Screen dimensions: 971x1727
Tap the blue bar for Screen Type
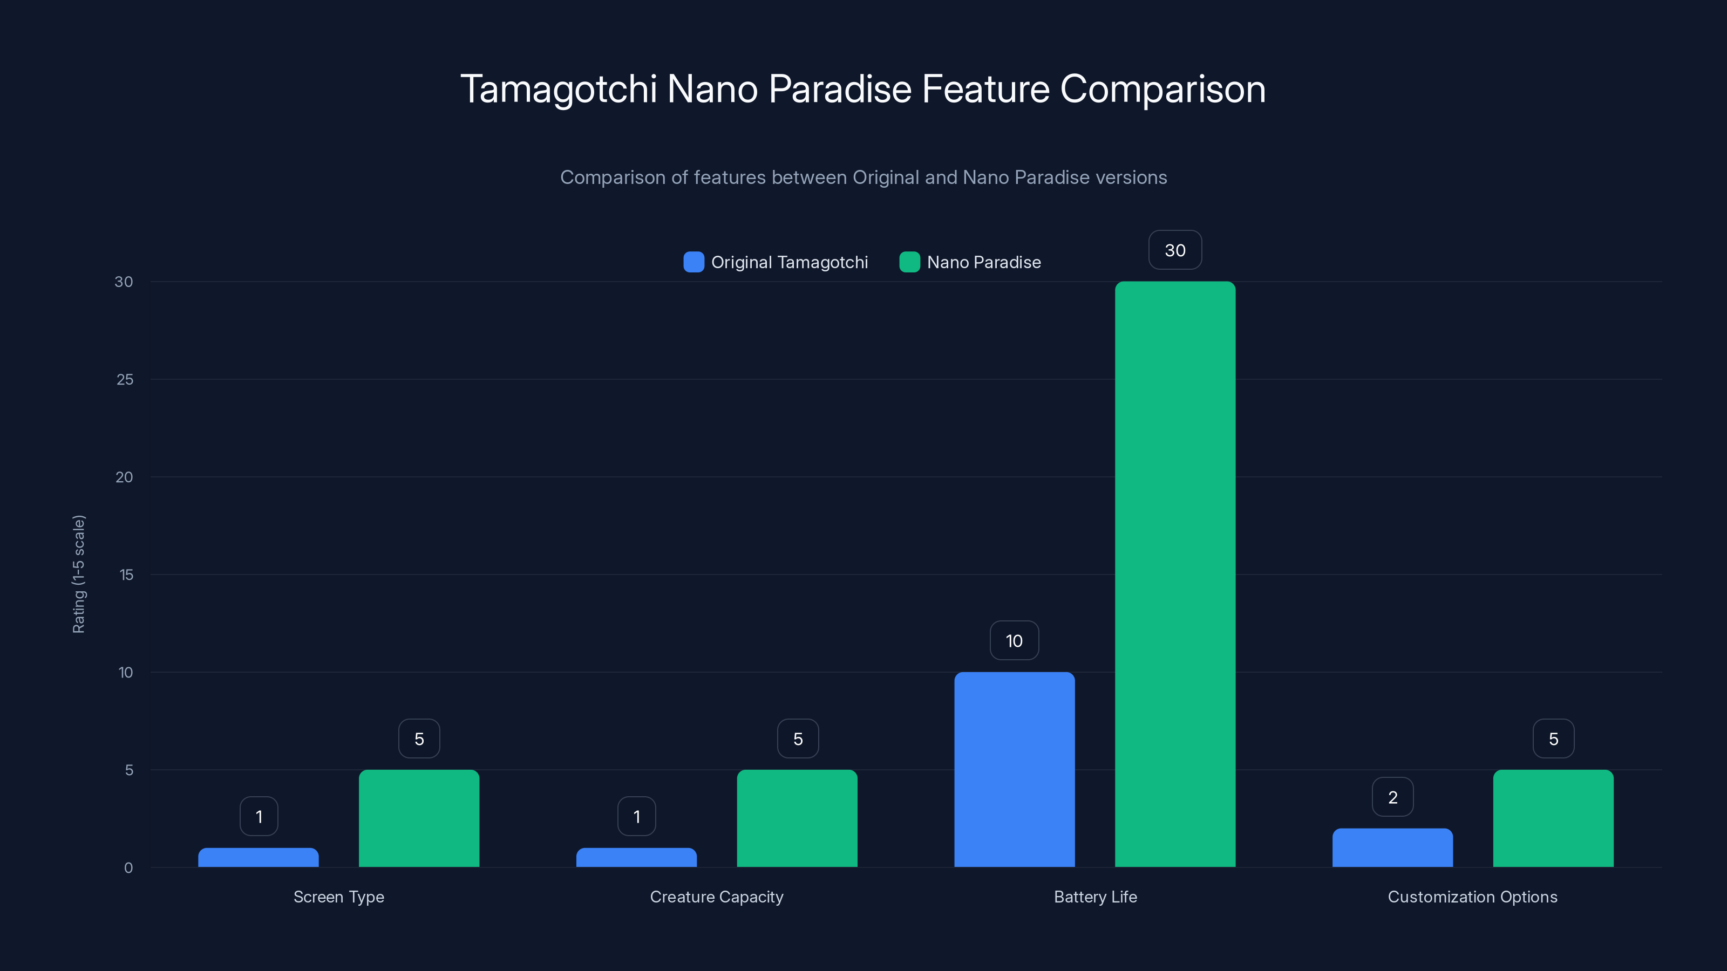(258, 857)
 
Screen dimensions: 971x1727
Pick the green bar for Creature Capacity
(797, 818)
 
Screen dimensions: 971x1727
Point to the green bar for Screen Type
(419, 818)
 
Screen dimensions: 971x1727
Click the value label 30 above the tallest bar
(1174, 250)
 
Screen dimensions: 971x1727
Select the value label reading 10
(1014, 641)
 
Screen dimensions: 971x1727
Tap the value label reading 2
(1392, 797)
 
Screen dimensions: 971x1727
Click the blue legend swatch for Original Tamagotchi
(693, 262)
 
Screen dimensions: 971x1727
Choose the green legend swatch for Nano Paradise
(909, 262)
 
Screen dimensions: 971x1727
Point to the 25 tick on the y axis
(125, 379)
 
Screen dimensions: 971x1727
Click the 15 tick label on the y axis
(126, 575)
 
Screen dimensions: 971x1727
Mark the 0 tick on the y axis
(128, 868)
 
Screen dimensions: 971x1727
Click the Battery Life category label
(1095, 897)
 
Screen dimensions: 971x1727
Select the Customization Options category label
(1472, 897)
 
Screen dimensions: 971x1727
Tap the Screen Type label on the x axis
(338, 897)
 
